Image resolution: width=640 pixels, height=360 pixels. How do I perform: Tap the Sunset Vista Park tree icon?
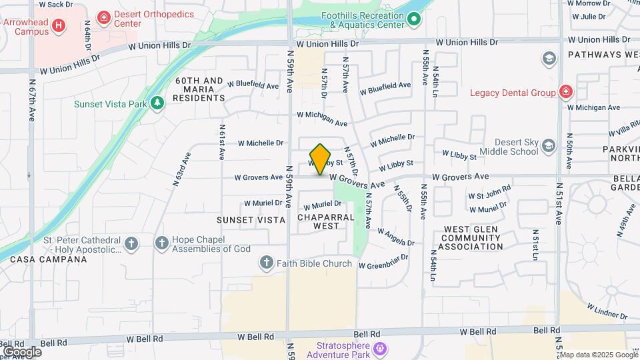(157, 103)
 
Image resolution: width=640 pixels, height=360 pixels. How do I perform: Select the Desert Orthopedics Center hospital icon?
(103, 17)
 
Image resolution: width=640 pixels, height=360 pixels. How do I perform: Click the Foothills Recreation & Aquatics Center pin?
(414, 19)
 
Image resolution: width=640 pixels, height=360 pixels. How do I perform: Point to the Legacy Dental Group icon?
(565, 92)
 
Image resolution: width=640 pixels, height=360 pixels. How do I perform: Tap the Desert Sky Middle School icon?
(549, 146)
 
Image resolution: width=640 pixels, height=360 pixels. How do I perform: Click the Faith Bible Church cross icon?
(267, 263)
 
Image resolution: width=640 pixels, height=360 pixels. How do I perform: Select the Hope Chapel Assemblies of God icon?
(162, 243)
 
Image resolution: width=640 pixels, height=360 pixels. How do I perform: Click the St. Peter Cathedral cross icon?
(131, 243)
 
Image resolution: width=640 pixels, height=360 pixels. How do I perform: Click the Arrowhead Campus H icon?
(59, 26)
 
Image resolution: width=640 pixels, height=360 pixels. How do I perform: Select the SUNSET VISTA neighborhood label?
(251, 219)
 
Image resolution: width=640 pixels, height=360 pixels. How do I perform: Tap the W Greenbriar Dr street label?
(383, 261)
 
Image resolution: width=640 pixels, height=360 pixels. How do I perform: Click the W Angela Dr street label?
(395, 237)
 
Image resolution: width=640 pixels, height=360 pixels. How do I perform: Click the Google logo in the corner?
(22, 351)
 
